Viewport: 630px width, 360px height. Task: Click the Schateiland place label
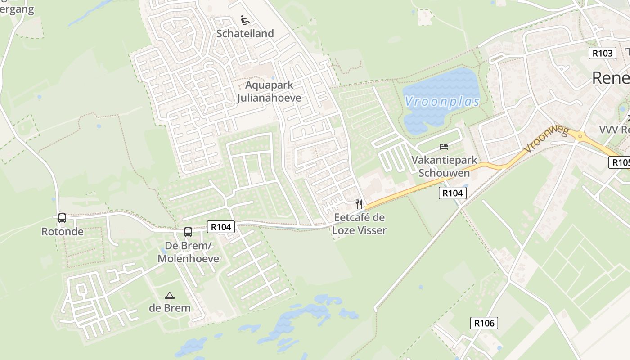coord(245,34)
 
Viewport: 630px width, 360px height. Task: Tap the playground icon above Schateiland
coord(245,20)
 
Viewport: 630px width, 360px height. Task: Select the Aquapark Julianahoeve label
coord(269,91)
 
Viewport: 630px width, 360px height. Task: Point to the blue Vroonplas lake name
coord(442,102)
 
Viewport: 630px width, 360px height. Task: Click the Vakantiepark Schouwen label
coord(444,166)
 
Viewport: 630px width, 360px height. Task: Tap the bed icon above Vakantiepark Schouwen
coord(444,147)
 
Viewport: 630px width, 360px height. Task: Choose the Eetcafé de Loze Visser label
coord(359,224)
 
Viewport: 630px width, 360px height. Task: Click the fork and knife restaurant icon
coord(359,204)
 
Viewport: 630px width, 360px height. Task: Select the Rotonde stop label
coord(62,232)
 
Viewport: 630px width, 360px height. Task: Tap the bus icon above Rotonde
coord(62,218)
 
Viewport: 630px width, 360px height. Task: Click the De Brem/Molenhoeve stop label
coord(188,252)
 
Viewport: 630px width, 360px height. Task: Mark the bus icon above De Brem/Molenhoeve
coord(188,233)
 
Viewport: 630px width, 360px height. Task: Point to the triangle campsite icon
coord(170,296)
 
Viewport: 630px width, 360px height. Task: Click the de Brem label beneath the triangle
coord(170,308)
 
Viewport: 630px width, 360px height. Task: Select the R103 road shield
coord(602,53)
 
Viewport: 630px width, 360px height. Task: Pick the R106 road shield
coord(484,323)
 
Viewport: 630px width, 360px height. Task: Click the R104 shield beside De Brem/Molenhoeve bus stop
coord(221,227)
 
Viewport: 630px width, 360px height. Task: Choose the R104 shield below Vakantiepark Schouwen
coord(452,193)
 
